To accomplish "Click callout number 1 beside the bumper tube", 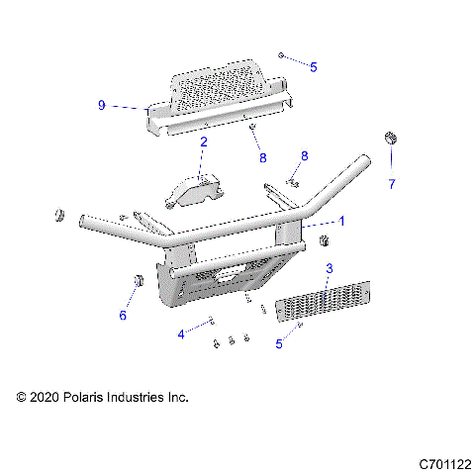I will [x=342, y=221].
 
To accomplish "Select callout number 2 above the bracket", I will [x=203, y=142].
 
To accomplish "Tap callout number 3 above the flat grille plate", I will [x=330, y=268].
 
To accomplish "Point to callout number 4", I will [x=180, y=334].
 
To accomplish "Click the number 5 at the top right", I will [x=314, y=67].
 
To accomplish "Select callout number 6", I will [x=123, y=316].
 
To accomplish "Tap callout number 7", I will [x=391, y=184].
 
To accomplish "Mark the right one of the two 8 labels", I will [x=304, y=155].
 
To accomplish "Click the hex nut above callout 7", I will [x=390, y=138].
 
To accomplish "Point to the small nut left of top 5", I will [x=282, y=56].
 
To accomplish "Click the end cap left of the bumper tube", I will [x=58, y=216].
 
